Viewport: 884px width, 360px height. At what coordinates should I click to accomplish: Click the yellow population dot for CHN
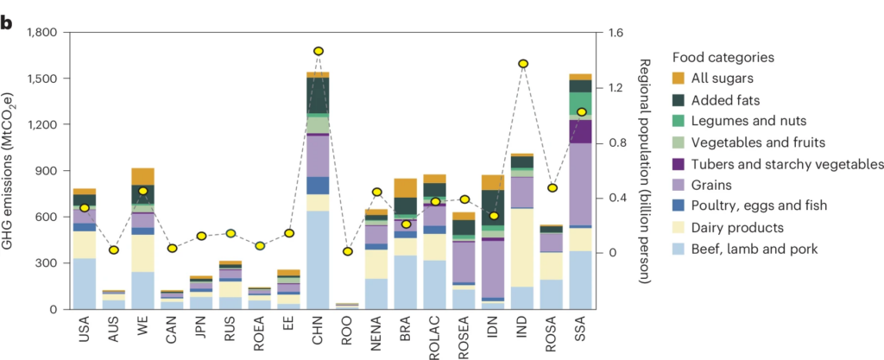(x=319, y=52)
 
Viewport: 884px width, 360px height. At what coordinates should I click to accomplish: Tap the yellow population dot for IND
(x=523, y=64)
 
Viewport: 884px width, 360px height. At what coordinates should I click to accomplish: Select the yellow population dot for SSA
(x=582, y=112)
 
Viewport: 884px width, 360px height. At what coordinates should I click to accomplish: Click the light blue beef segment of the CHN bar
(x=319, y=259)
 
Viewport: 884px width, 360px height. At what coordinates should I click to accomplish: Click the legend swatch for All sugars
(x=681, y=79)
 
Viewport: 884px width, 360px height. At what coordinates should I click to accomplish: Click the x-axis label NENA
(x=377, y=332)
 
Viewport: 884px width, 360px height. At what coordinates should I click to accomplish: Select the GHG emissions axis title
(x=12, y=171)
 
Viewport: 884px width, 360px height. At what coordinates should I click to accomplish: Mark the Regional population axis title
(x=645, y=172)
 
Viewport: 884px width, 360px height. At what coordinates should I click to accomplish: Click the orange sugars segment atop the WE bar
(x=142, y=176)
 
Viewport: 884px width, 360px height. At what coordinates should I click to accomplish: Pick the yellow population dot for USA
(x=84, y=208)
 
